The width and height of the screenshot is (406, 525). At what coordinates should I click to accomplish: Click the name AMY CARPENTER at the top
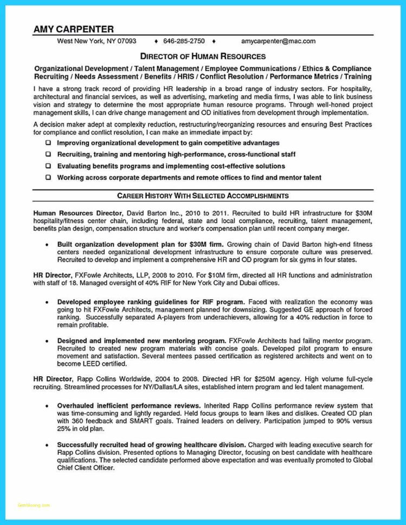click(x=73, y=29)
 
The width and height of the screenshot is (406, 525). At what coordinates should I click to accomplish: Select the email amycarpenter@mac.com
click(x=279, y=41)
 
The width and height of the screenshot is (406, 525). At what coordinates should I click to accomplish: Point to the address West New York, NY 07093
click(x=97, y=41)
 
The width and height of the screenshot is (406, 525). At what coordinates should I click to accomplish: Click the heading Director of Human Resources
click(x=203, y=56)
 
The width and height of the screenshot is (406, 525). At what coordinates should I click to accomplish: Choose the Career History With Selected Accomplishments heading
click(x=203, y=195)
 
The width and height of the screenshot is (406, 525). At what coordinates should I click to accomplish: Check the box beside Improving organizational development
click(x=48, y=143)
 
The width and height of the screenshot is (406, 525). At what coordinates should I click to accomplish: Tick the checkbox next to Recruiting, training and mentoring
click(x=48, y=154)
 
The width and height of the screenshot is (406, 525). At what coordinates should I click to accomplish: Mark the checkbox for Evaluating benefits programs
click(x=48, y=166)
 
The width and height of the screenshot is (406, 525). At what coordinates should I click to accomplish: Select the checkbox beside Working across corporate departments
click(x=48, y=178)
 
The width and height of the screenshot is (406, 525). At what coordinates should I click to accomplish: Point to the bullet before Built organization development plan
click(x=48, y=245)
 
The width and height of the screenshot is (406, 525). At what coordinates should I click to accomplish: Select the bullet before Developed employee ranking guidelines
click(x=48, y=301)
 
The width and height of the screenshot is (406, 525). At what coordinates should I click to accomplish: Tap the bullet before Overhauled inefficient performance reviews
click(x=48, y=405)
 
